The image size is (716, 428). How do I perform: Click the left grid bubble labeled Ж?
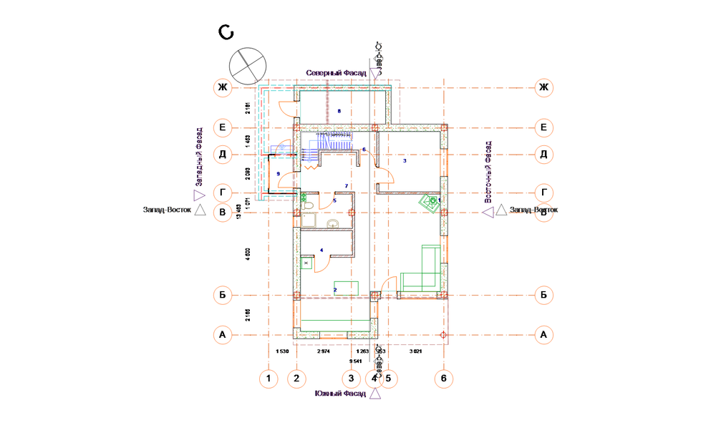(223, 88)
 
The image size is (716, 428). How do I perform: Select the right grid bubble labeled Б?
(544, 295)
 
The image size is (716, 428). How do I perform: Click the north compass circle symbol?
(245, 65)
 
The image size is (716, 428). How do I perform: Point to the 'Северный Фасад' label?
(336, 73)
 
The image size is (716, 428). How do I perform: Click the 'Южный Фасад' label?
(340, 394)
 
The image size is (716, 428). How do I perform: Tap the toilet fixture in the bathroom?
(308, 206)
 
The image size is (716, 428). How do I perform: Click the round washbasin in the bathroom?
(332, 225)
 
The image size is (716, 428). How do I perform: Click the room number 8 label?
(339, 111)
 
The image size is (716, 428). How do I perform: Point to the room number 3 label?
(405, 161)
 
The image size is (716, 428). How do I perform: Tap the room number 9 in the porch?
(278, 174)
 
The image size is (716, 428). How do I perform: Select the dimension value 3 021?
(415, 351)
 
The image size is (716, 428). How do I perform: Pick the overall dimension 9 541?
(355, 361)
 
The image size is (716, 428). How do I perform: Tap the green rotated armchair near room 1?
(431, 203)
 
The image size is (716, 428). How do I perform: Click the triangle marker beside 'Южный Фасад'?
(375, 394)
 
